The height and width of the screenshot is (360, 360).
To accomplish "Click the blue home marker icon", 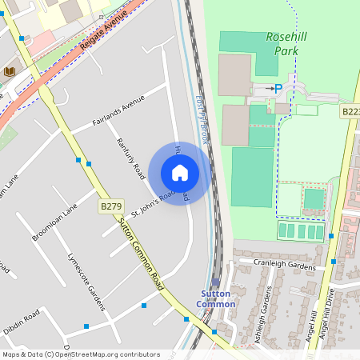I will coord(180,173).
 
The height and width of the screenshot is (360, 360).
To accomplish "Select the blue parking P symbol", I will coord(278,88).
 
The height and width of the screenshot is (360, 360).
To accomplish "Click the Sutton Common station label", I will coord(217,299).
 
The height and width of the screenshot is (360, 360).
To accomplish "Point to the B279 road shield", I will coord(110,206).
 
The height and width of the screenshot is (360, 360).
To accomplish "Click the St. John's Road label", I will coord(153,202).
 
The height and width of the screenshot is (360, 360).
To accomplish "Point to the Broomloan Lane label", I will coord(54,222).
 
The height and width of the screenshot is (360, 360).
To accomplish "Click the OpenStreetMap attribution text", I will coord(81,354).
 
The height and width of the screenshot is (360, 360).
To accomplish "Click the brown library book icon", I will coord(10,72).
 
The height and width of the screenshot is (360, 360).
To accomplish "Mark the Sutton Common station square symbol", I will coord(216,282).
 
